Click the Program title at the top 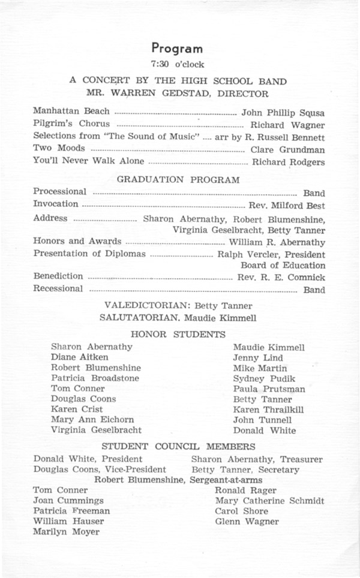point(177,49)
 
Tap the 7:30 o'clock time point(178,64)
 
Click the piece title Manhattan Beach point(71,112)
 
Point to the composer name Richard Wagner point(287,125)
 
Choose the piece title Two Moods point(59,148)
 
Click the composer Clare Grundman point(287,149)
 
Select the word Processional point(59,192)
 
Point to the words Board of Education point(283,265)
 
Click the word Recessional point(58,289)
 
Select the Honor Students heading point(178,334)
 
